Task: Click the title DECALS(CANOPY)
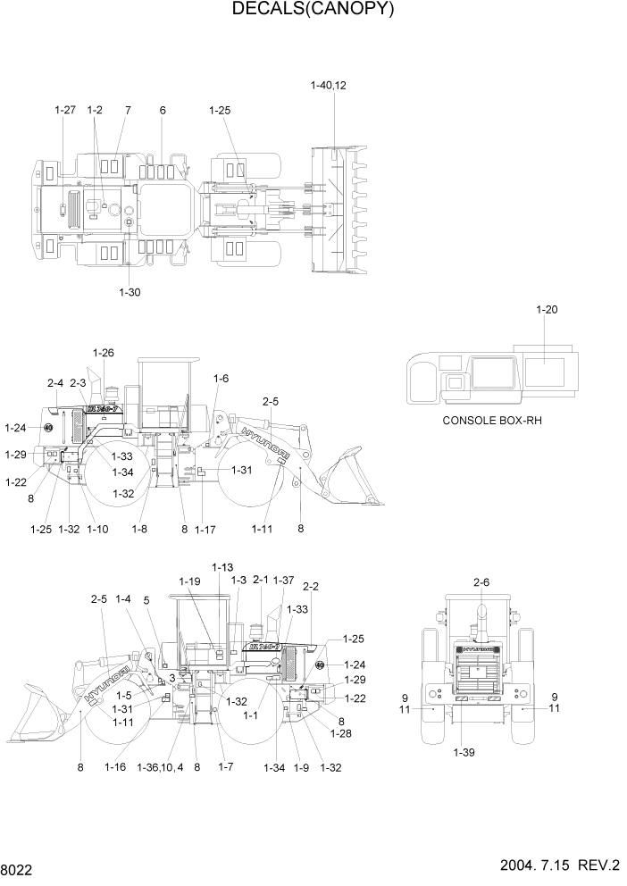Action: click(313, 10)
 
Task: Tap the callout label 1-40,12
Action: click(328, 86)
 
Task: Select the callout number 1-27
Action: click(64, 110)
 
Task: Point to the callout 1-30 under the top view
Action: click(130, 291)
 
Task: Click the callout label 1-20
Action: click(547, 310)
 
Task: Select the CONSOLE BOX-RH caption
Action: click(492, 420)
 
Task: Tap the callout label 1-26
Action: click(103, 353)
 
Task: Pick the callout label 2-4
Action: click(55, 383)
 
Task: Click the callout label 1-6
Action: click(221, 379)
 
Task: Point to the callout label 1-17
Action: click(205, 530)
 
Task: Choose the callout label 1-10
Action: click(97, 530)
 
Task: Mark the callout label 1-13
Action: click(222, 567)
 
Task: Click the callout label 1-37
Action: click(283, 580)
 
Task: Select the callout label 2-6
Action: click(481, 582)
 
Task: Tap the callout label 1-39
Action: click(464, 752)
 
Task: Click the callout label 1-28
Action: click(340, 733)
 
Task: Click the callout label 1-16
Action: click(114, 766)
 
